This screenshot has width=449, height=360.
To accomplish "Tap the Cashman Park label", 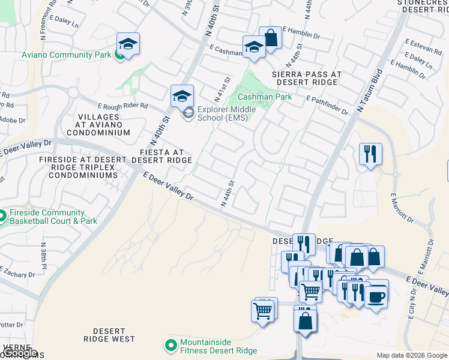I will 265,97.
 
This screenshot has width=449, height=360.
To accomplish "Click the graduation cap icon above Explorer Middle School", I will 182,95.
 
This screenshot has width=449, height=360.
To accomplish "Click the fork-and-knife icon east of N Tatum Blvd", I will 370,153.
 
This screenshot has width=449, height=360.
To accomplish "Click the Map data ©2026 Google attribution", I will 412,355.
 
